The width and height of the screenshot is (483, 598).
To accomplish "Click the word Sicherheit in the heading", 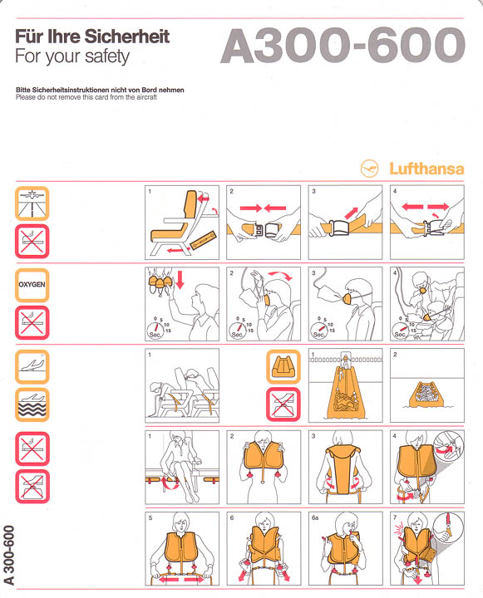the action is tap(126, 37).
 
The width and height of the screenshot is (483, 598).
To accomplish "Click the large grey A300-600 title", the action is tap(343, 46).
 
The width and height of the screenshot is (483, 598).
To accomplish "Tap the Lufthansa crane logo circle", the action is tap(370, 168).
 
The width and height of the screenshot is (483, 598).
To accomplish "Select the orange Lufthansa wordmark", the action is tap(426, 169).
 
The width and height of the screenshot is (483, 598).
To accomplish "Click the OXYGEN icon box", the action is tap(32, 285).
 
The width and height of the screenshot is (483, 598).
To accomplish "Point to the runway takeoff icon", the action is tap(32, 203).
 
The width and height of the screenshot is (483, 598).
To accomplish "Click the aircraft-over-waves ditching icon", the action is tap(32, 404).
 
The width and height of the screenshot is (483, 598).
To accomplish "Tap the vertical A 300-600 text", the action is tap(9, 555).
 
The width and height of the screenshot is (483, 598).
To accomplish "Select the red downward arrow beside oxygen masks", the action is tap(180, 279).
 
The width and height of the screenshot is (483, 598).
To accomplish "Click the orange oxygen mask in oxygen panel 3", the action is tap(348, 298).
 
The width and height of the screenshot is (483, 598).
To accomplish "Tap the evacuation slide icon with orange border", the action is tap(283, 366).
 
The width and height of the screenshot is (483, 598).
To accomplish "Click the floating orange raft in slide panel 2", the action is tap(426, 395).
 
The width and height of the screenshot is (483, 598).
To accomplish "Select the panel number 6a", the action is tap(315, 517).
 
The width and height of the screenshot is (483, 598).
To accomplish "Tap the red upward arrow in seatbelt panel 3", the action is tap(352, 213).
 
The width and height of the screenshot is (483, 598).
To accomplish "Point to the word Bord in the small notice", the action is tap(150, 90).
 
